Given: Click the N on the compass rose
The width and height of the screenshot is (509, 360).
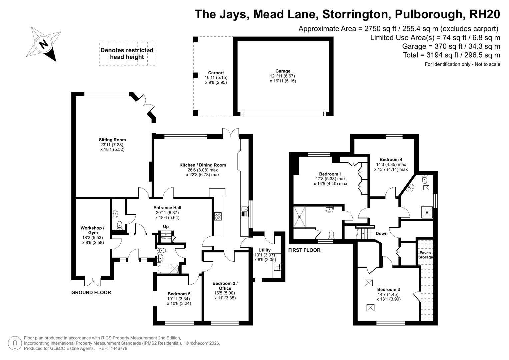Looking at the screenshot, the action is coord(43,44).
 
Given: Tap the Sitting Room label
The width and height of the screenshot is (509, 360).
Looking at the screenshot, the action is coord(112,140).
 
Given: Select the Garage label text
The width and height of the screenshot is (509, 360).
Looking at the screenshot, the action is coord(283,71).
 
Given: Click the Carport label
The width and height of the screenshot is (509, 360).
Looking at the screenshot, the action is coord(216,73).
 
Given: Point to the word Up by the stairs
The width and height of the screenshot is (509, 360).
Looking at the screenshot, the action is coord(166,227).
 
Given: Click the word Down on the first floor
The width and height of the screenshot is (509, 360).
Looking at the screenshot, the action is coord(382,233).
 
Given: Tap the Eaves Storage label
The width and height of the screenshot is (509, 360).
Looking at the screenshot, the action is coord(425,255).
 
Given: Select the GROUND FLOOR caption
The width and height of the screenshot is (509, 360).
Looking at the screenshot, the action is coord(91,293).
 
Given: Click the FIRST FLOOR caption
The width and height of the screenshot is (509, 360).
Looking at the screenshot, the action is coord(304,250).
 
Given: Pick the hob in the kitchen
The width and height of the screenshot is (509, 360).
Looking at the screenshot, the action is coord(218,216).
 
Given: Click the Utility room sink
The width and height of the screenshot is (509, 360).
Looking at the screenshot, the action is coord(277,267).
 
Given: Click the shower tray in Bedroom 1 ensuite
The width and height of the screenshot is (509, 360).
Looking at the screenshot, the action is coord(299,217).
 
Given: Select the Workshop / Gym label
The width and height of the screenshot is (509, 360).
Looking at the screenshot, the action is coord(93,230).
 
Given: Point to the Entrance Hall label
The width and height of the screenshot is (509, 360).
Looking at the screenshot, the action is coord(167,207).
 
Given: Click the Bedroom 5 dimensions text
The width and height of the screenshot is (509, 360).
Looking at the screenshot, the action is coord(179,301).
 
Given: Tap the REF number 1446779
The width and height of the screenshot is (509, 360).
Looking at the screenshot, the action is coord(119,348).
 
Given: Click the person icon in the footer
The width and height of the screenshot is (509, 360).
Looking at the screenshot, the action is coord(15,343).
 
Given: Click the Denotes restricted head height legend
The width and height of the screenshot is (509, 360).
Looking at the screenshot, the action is coord(127,54).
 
